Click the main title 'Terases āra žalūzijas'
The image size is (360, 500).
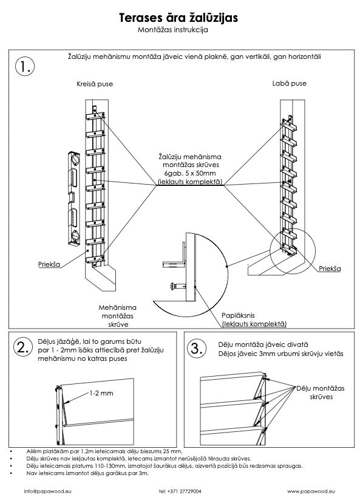tap(178, 18)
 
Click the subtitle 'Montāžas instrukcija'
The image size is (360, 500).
tap(172, 30)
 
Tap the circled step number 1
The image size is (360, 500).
tap(24, 66)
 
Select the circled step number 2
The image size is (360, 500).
tap(23, 348)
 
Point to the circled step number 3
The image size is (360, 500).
tap(197, 348)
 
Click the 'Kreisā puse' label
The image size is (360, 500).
tap(95, 84)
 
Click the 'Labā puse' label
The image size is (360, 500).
tap(289, 83)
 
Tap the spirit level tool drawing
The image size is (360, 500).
tap(74, 199)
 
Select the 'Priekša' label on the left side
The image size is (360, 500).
tap(49, 264)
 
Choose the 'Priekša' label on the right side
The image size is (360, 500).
tap(330, 269)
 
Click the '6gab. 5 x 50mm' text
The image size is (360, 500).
tap(190, 174)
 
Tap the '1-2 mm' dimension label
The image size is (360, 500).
tap(101, 393)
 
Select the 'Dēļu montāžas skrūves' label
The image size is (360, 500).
tap(321, 392)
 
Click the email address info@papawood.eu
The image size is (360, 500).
tap(48, 491)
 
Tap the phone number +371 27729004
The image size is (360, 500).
tap(180, 491)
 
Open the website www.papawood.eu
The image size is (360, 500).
tap(311, 491)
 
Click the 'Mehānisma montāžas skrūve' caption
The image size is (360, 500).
tap(117, 316)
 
